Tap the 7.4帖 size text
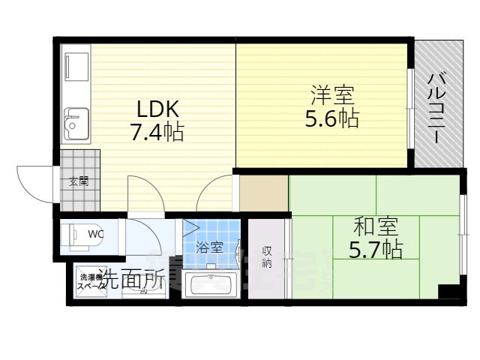tap(157, 133)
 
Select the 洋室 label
tap(332, 96)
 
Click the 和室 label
tap(375, 224)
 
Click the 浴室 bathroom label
tap(209, 247)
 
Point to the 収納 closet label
tap(267, 257)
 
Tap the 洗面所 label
tap(132, 279)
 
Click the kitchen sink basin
tap(75, 124)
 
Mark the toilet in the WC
tap(74, 235)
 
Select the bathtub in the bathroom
tap(211, 284)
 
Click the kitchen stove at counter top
tap(75, 68)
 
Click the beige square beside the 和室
tap(263, 193)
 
